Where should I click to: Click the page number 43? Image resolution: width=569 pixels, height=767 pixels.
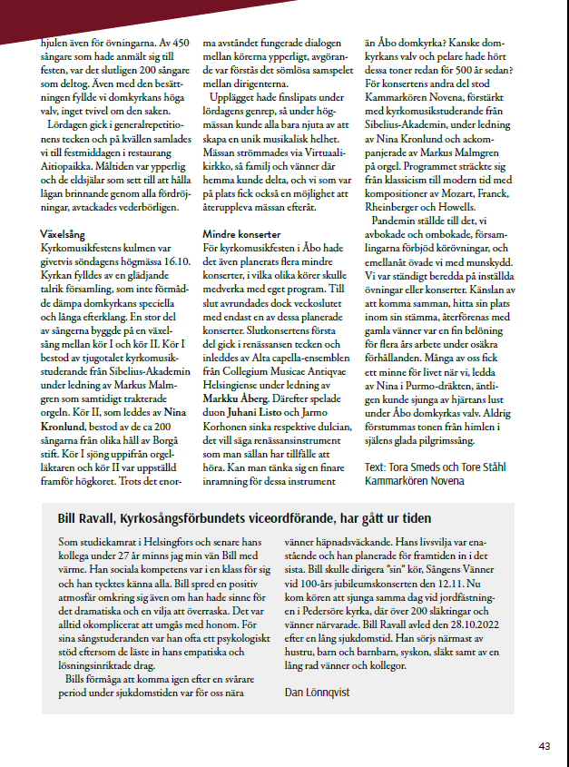[544, 745]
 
